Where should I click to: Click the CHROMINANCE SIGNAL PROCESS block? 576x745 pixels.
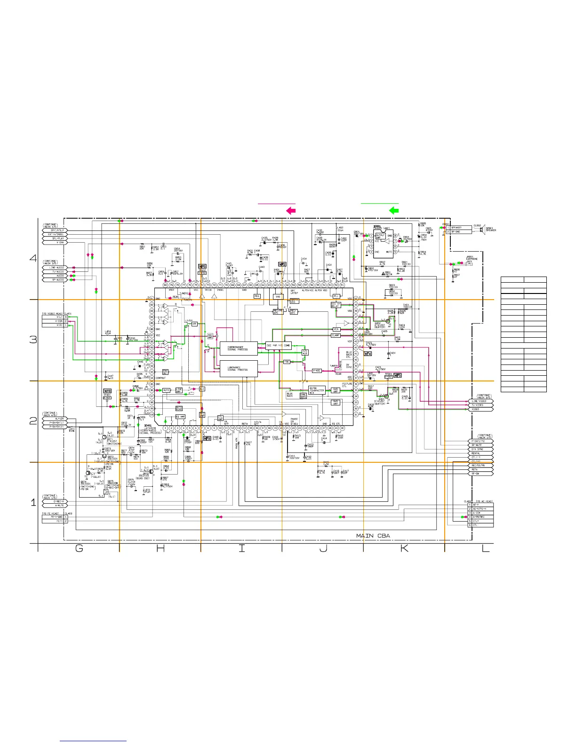[x=239, y=349]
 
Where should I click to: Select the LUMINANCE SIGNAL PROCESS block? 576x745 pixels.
[x=239, y=369]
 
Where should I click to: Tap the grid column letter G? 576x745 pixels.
[x=79, y=548]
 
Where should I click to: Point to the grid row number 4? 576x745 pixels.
[x=33, y=258]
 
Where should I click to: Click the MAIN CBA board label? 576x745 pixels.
[x=373, y=536]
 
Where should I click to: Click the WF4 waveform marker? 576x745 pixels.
[x=368, y=353]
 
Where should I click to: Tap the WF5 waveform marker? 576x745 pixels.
[x=398, y=376]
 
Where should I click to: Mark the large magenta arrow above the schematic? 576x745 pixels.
[x=291, y=211]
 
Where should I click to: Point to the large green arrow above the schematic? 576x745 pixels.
[x=394, y=211]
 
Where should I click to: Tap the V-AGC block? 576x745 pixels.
[x=317, y=371]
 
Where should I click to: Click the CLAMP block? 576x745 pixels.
[x=336, y=335]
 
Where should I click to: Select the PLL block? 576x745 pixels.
[x=336, y=296]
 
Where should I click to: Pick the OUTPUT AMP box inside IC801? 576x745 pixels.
[x=380, y=236]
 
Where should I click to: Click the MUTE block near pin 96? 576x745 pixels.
[x=166, y=390]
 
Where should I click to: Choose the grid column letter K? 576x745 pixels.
[x=404, y=548]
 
